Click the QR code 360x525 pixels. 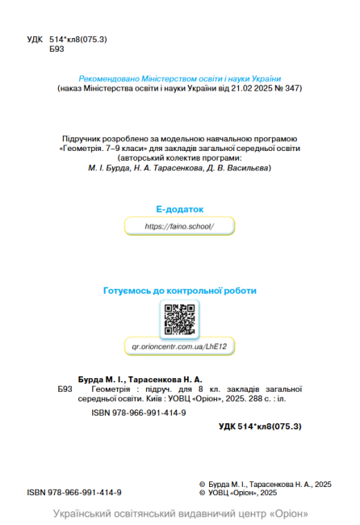tap(180, 319)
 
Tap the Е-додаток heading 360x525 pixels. tap(180, 208)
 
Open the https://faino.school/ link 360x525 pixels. tap(180, 227)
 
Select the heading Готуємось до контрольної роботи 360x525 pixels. tap(180, 290)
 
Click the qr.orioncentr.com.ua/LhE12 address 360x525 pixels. tap(180, 346)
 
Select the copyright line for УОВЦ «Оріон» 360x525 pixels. tap(243, 492)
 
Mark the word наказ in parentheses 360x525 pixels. tap(75, 88)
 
